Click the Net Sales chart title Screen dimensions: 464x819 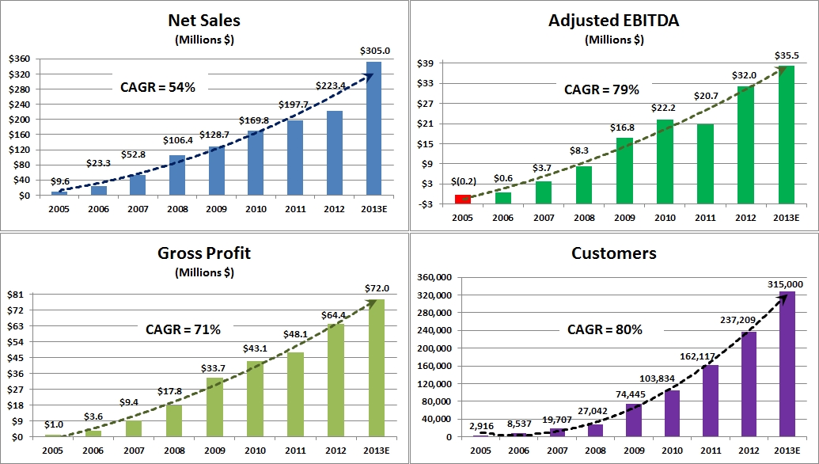coord(204,21)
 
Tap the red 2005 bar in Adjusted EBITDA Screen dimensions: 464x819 coord(462,198)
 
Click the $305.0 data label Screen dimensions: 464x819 coord(375,51)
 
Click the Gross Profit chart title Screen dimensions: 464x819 coord(204,253)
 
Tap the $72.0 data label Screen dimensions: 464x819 coord(375,288)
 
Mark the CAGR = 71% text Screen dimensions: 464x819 coord(183,329)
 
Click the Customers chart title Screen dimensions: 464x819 coord(614,253)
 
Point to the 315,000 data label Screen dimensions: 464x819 coord(785,284)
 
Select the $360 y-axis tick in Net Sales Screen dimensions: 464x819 coord(20,59)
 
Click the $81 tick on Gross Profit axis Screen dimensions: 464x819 coord(18,295)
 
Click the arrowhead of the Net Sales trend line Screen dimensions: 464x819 coord(368,76)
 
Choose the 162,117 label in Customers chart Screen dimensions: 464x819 coord(705,356)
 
